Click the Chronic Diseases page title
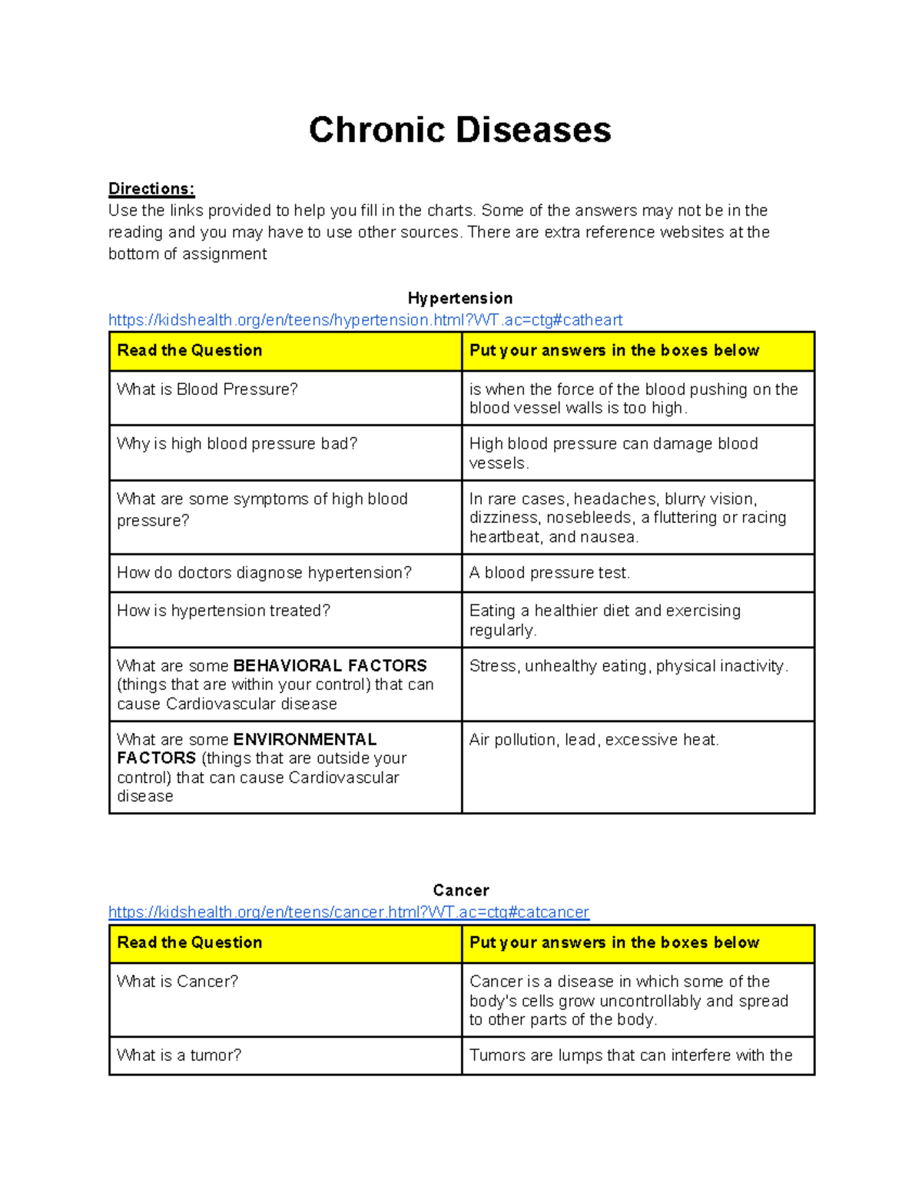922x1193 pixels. [x=459, y=130]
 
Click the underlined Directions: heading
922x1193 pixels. [x=151, y=189]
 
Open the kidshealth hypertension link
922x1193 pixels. [x=365, y=320]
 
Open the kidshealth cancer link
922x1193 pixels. [x=348, y=912]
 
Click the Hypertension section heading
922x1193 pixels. [x=459, y=298]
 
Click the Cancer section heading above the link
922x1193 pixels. [x=460, y=890]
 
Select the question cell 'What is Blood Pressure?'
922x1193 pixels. [x=207, y=389]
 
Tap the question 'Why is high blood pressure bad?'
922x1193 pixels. [x=237, y=444]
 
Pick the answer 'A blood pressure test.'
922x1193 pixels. [x=549, y=573]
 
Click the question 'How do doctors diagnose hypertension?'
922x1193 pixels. [x=264, y=573]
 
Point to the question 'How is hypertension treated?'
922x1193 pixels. [x=223, y=611]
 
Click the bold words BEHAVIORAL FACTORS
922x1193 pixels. [x=330, y=666]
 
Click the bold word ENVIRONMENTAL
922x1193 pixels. [x=304, y=740]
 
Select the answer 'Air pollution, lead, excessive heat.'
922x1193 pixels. [x=594, y=740]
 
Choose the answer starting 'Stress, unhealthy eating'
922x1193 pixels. [x=628, y=666]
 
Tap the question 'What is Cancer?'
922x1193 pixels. [x=177, y=982]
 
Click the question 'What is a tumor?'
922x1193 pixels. [x=178, y=1055]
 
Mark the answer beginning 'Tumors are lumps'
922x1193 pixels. [x=630, y=1055]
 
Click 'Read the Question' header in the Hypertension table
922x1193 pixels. [x=189, y=350]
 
